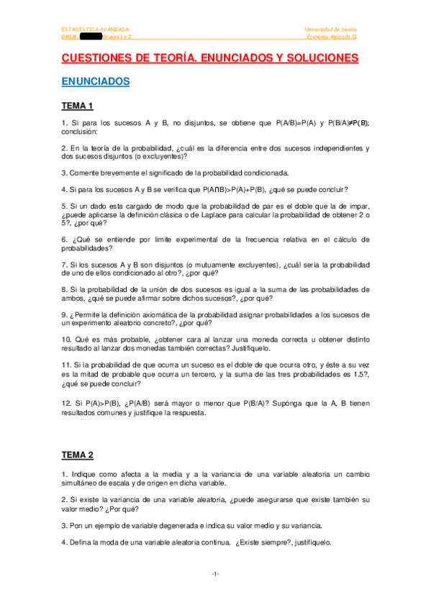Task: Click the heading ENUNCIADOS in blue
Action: [96, 81]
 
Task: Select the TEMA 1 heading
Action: [78, 106]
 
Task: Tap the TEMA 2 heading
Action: [78, 455]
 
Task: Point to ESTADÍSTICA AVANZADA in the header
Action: [96, 29]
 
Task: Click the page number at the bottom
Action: [215, 573]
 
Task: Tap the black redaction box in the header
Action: [93, 36]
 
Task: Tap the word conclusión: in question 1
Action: [78, 132]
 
